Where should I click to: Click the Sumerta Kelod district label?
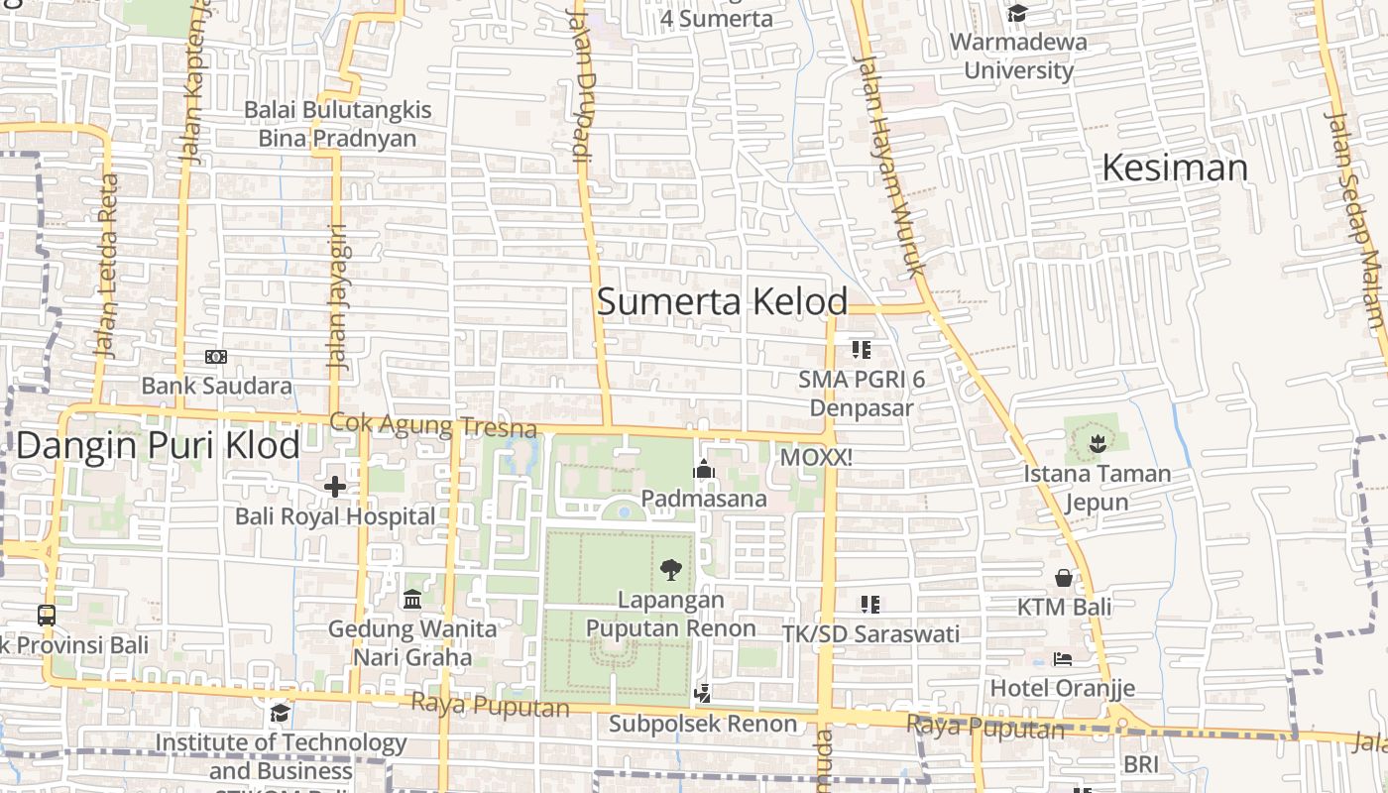point(722,301)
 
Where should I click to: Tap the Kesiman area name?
point(1175,168)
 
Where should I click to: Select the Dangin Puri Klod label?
point(158,445)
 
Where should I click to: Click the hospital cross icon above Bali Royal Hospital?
point(335,486)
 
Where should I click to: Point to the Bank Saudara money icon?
point(215,356)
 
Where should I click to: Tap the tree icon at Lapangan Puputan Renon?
point(670,569)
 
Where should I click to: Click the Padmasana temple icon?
point(704,468)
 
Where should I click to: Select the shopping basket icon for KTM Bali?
point(1064,577)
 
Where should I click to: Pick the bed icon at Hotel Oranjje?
point(1063,659)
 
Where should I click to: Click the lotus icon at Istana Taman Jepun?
point(1097,443)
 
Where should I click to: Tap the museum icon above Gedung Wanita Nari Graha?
point(412,599)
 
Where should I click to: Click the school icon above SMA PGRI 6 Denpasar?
point(862,349)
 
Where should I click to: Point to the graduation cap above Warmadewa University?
point(1017,13)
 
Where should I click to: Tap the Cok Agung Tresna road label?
point(432,425)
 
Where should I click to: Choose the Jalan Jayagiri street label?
point(337,296)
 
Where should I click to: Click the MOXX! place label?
point(816,458)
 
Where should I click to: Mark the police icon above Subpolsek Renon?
point(703,693)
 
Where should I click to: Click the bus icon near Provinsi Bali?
point(47,615)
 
